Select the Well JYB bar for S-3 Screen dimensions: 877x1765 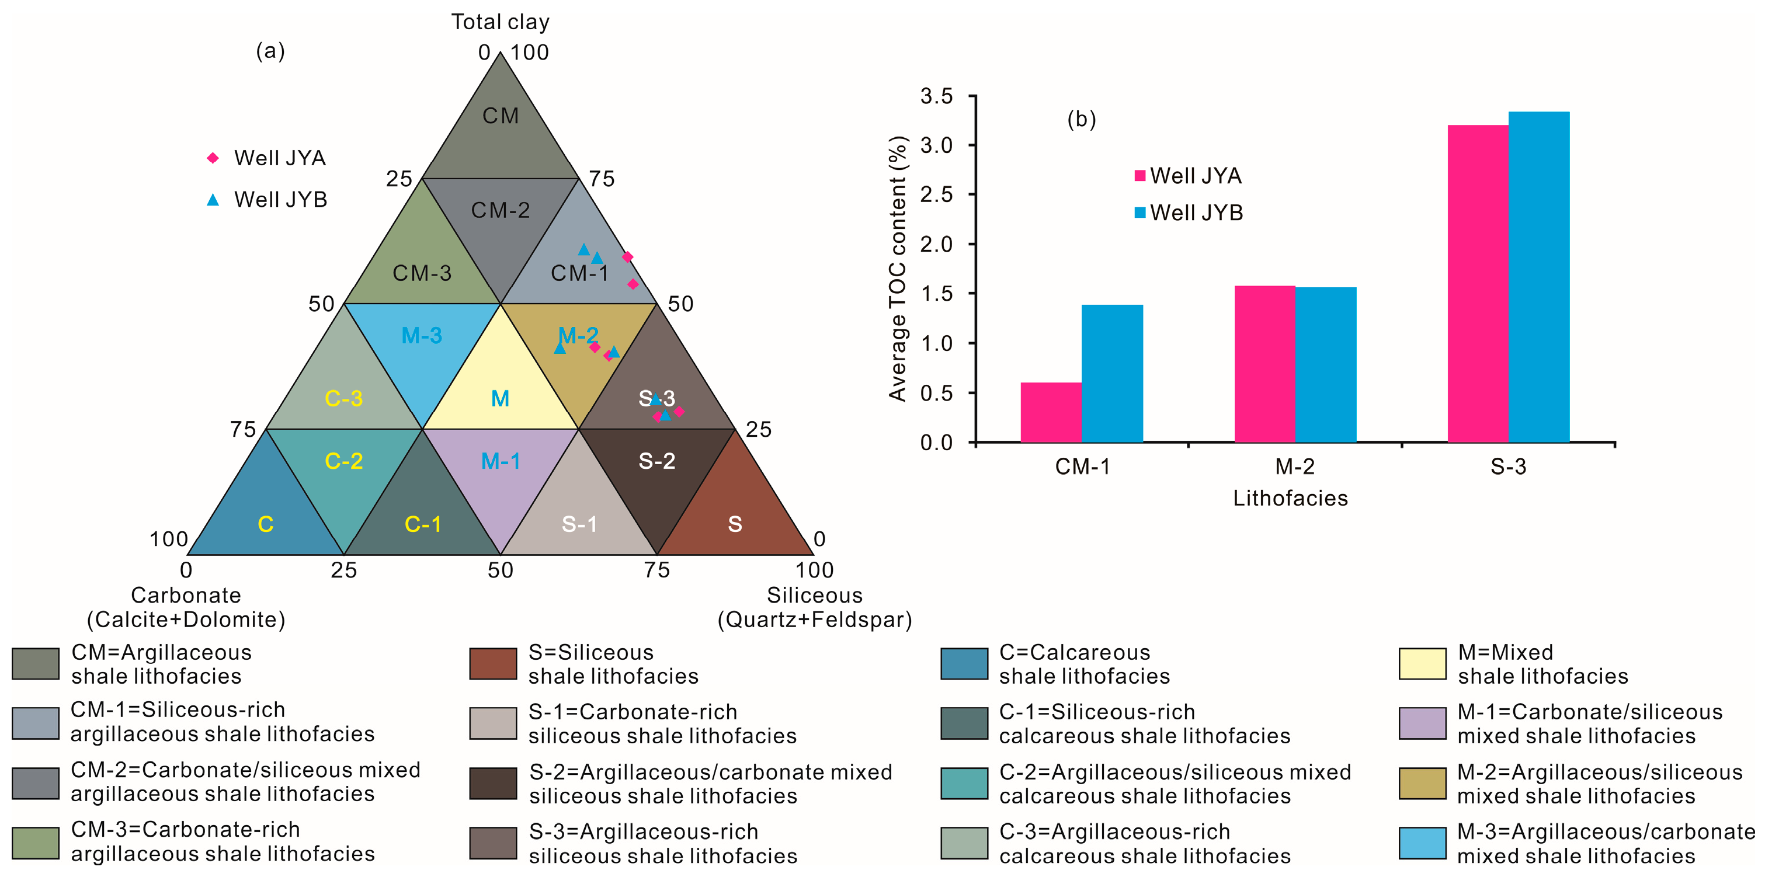[x=1538, y=277]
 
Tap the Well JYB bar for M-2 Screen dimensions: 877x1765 [x=1325, y=364]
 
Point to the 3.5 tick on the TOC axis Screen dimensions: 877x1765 [x=936, y=96]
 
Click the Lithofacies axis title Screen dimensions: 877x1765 [x=1290, y=498]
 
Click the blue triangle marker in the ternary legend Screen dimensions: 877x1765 [x=213, y=200]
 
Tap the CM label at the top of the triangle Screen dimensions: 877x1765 [x=500, y=116]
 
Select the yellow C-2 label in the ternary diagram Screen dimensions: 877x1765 [x=343, y=461]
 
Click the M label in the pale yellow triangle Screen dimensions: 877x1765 [x=500, y=398]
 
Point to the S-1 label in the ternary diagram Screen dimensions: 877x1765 [x=579, y=524]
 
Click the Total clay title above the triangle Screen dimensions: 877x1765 [x=500, y=22]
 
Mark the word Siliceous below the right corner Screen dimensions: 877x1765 [x=814, y=595]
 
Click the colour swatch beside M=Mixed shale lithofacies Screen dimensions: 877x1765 [x=1422, y=663]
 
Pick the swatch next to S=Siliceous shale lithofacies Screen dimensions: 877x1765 [x=492, y=663]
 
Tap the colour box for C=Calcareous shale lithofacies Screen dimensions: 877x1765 [x=964, y=663]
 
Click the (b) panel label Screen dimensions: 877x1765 [x=1081, y=119]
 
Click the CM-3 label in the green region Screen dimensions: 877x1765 [x=422, y=273]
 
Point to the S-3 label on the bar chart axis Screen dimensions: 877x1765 [x=1508, y=467]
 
